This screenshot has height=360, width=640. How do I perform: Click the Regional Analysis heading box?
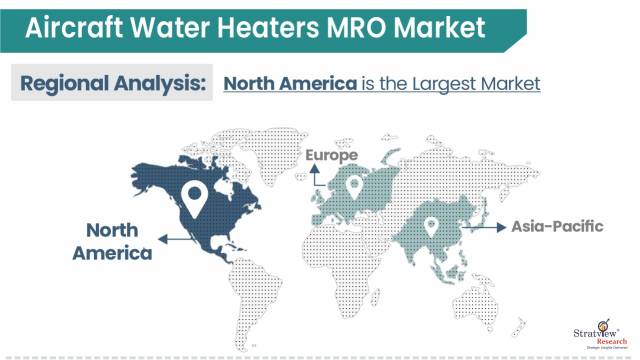(111, 83)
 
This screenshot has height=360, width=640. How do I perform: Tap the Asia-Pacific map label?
(559, 226)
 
